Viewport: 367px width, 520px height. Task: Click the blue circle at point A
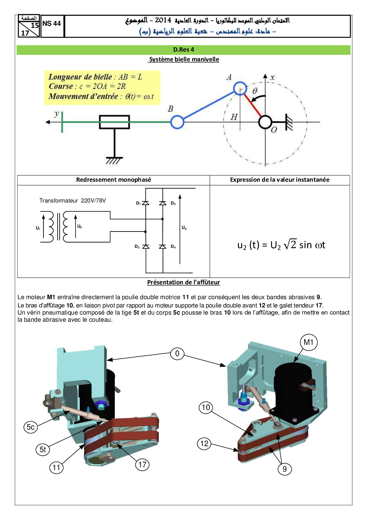[x=240, y=88]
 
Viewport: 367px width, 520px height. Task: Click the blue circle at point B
[x=177, y=122]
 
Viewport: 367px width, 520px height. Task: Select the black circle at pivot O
[x=265, y=122]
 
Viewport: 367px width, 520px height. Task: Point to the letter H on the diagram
[x=234, y=117]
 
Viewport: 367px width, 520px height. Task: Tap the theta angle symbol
[x=255, y=91]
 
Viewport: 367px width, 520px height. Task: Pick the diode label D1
[x=138, y=203]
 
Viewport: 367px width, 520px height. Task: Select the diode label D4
[x=173, y=247]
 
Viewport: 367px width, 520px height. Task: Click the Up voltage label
[x=184, y=228]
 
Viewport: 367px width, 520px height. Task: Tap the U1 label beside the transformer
[x=38, y=228]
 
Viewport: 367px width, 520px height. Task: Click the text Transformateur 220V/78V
[x=73, y=201]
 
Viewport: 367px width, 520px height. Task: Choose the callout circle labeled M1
[x=309, y=342]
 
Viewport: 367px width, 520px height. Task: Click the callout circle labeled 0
[x=177, y=354]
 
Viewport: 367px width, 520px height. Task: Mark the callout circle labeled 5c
[x=30, y=427]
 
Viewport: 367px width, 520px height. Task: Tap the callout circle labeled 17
[x=142, y=465]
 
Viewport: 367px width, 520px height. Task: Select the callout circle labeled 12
[x=204, y=444]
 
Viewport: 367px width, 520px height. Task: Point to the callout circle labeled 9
[x=285, y=469]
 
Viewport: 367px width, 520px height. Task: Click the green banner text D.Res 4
[x=183, y=50]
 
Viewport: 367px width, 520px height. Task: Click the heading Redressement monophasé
[x=113, y=180]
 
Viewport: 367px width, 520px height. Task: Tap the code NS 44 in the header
[x=51, y=24]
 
